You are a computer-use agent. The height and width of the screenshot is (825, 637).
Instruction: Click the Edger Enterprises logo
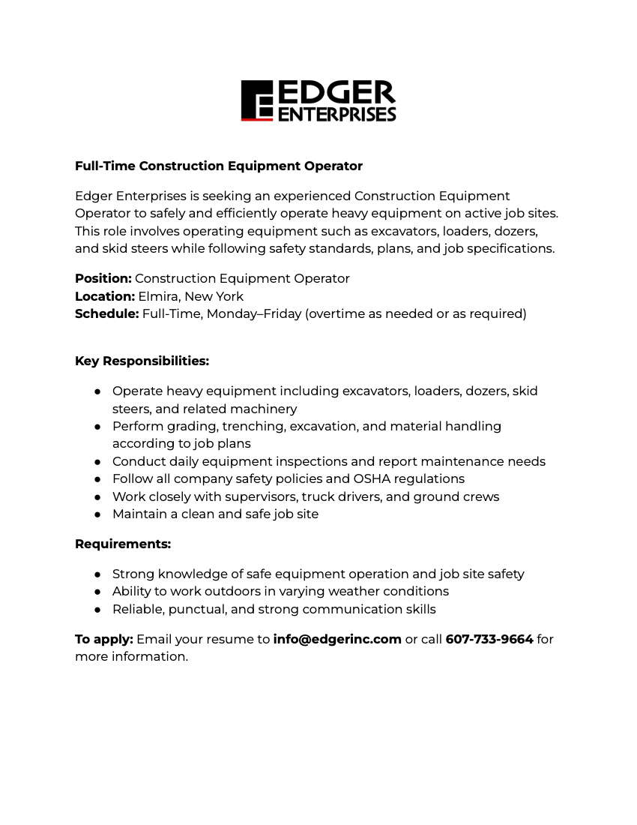tap(318, 100)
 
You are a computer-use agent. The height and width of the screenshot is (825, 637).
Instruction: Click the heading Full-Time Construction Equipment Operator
tap(219, 166)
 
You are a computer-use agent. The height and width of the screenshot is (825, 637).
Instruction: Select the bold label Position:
tap(103, 278)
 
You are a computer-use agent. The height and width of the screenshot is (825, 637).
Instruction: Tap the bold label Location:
tap(105, 296)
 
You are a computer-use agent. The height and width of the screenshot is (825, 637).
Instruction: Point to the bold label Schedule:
tap(107, 313)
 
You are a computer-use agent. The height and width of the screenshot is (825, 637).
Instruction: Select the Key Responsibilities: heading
tap(142, 361)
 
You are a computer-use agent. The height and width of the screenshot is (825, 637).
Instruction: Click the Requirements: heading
tap(123, 544)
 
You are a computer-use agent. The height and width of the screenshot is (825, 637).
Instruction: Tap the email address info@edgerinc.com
tap(337, 639)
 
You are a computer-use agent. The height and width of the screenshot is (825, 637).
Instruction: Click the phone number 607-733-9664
tap(489, 639)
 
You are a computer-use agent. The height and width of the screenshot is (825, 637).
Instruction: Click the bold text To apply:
tap(104, 639)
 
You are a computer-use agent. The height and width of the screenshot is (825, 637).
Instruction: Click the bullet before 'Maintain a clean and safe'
tap(98, 514)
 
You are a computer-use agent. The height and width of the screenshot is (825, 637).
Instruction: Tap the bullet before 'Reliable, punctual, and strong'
tap(98, 610)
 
